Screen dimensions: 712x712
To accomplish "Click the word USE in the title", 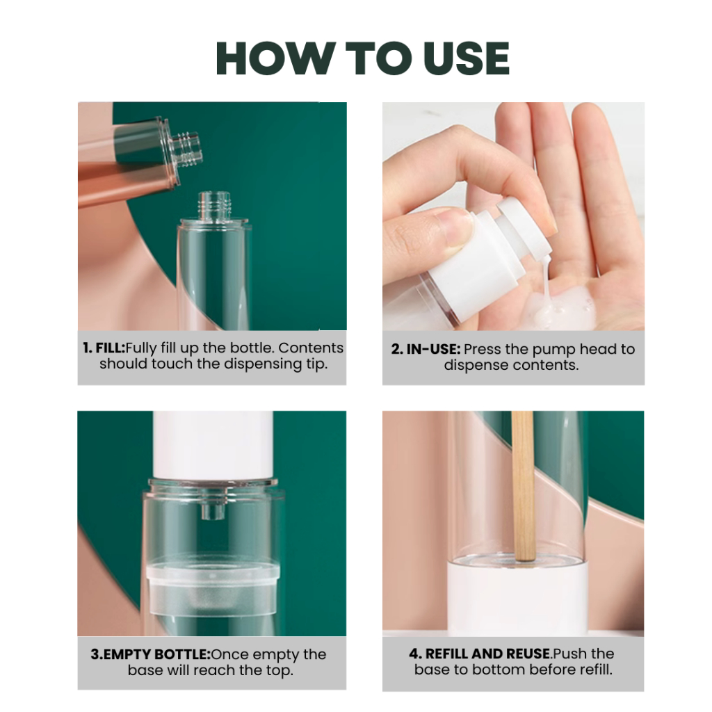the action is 467,58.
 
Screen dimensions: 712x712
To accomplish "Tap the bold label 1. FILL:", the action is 104,348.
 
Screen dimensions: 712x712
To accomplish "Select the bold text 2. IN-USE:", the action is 426,349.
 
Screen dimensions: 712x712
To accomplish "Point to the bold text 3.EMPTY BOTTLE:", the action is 151,654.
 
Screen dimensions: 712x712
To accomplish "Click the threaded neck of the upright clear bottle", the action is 214,205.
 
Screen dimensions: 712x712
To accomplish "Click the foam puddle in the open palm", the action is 558,307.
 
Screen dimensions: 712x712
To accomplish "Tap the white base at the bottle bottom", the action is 517,597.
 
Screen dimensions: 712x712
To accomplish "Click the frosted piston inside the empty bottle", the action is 213,585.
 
